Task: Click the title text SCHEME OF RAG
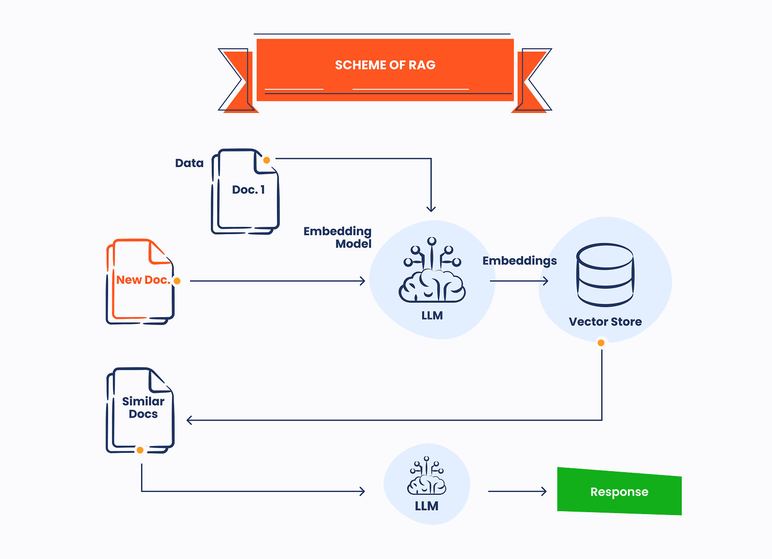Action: [385, 65]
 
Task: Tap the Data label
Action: [189, 163]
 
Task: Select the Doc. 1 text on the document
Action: [248, 190]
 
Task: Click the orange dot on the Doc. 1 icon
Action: [266, 160]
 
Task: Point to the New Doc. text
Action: [142, 280]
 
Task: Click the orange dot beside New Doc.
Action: [177, 281]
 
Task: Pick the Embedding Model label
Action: [338, 238]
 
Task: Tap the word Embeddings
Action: [519, 261]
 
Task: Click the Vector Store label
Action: [605, 322]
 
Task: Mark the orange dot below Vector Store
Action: [601, 343]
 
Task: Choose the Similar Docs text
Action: [143, 407]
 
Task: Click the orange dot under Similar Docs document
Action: [140, 450]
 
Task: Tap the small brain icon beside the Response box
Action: [427, 476]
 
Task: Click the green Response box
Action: [620, 491]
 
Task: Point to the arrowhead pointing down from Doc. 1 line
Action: [431, 209]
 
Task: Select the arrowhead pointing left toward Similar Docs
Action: [189, 420]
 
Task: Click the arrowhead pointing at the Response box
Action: [544, 491]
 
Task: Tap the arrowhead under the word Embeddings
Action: [546, 281]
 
